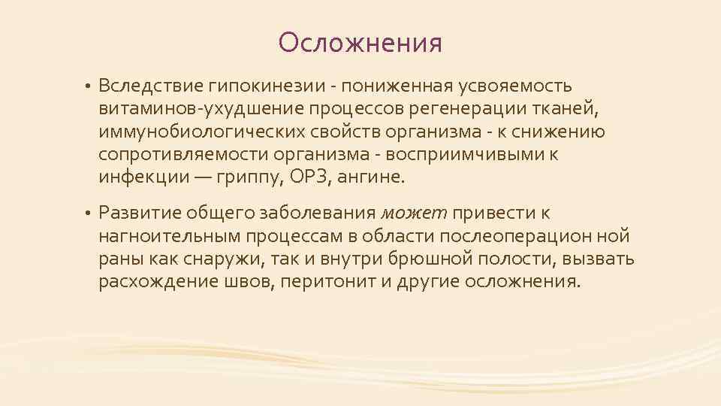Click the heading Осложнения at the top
coord(360,43)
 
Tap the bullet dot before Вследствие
coord(88,86)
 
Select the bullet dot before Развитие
coord(88,214)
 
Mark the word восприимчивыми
coord(466,154)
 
